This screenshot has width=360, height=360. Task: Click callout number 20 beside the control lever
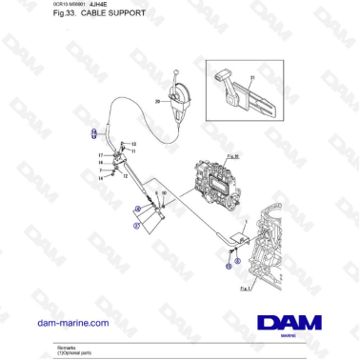click(158, 100)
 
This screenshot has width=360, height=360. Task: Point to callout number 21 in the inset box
click(252, 78)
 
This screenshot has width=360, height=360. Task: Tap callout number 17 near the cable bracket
click(100, 153)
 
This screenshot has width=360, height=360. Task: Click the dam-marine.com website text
click(72, 323)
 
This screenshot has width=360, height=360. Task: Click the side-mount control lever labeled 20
click(176, 94)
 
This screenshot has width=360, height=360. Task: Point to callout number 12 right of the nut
click(134, 150)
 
